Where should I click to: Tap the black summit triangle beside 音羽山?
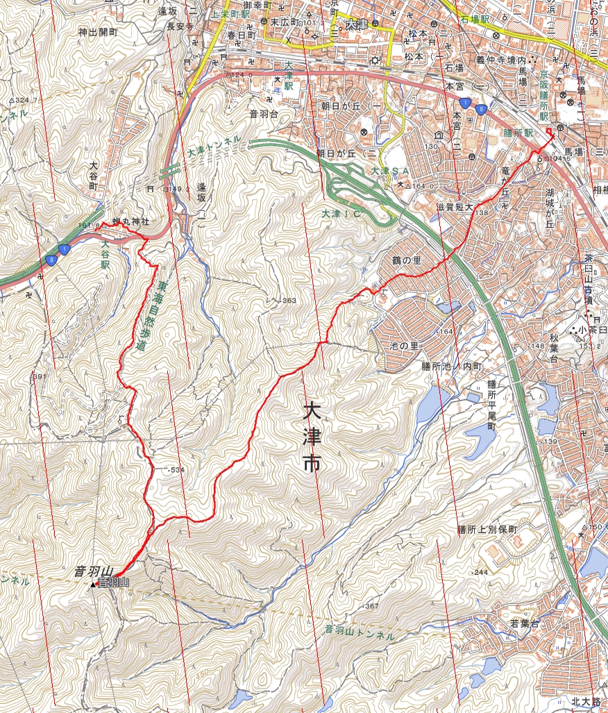click(x=93, y=585)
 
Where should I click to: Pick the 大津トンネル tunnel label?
click(x=214, y=145)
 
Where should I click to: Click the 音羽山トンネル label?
click(x=360, y=632)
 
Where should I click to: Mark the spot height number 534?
click(x=176, y=470)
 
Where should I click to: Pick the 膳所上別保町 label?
click(x=488, y=529)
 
